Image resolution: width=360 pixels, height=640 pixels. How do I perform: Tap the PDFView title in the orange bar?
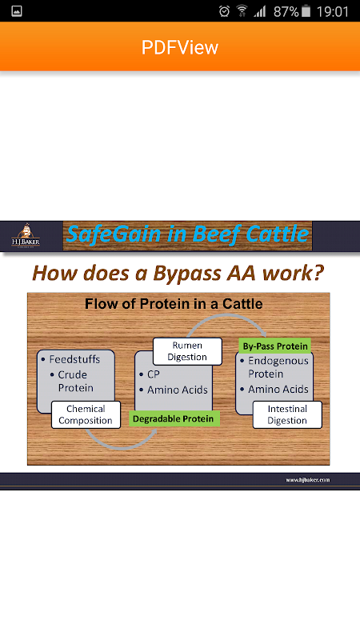click(179, 47)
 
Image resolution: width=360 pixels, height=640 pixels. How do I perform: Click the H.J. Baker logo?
click(26, 236)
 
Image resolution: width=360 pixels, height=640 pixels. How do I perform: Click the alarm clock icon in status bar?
click(224, 11)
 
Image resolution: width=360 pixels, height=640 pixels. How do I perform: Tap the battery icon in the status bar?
click(306, 11)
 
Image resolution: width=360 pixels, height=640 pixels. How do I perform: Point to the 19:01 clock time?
click(333, 11)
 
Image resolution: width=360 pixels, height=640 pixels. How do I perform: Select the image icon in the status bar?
click(17, 11)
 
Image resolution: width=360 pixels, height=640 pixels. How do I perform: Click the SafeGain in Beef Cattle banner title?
click(187, 234)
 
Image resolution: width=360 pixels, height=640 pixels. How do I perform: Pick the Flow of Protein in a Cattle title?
click(174, 304)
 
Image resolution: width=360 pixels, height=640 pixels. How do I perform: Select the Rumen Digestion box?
click(187, 351)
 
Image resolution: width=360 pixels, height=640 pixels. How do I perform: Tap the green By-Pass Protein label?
click(275, 346)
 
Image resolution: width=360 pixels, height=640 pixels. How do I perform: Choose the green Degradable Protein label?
click(174, 418)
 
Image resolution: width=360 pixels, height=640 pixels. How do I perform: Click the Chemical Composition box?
click(86, 414)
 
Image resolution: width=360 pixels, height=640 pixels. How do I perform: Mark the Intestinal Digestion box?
click(287, 414)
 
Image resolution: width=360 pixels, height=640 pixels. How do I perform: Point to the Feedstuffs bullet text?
click(74, 359)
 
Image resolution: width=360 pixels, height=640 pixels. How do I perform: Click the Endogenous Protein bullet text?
click(278, 367)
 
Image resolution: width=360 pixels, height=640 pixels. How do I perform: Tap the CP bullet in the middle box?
click(154, 374)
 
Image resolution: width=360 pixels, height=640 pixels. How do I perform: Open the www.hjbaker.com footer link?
click(307, 479)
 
